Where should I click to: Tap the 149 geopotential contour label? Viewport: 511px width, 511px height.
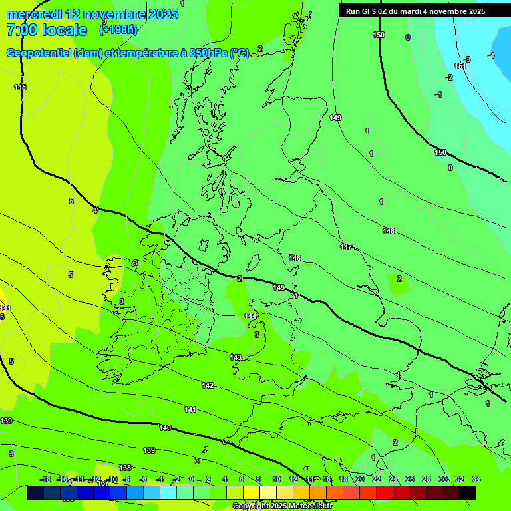coord(335,118)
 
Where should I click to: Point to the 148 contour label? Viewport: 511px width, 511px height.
coord(389,231)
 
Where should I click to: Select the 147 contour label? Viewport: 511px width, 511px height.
coord(346,247)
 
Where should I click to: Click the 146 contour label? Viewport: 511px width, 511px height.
coord(295,258)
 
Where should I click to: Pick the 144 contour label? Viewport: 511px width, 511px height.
coord(250,316)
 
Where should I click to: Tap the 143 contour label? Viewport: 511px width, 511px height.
coord(236,357)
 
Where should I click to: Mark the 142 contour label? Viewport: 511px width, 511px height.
coord(208,386)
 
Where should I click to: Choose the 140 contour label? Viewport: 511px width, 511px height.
coord(166,428)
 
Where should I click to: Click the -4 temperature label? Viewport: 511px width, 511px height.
coord(491,55)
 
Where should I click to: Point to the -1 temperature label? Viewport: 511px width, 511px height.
coord(438,95)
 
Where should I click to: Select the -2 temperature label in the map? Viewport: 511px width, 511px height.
coord(449,78)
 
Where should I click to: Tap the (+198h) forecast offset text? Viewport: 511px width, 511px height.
coord(118,30)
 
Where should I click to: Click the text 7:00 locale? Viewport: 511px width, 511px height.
coord(46,30)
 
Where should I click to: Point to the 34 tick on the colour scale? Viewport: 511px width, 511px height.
coord(476,479)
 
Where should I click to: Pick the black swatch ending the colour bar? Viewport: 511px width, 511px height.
coord(468,492)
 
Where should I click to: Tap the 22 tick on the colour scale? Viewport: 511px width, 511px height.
coord(376,479)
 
